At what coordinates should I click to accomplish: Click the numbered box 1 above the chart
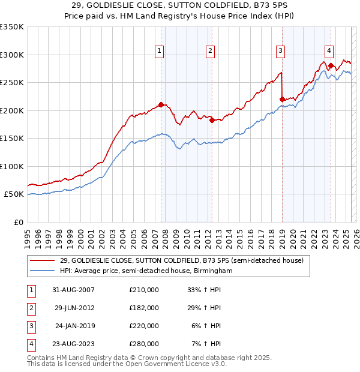pos(160,52)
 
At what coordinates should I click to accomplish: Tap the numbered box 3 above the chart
pos(280,52)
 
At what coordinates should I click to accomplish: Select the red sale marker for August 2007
pos(161,104)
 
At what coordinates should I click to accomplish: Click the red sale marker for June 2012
pos(212,120)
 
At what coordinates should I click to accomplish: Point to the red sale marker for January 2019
pos(282,99)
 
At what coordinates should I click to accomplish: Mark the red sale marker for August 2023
pos(331,65)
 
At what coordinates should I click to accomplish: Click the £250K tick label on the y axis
pos(12,83)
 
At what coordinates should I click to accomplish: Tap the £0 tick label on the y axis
pos(17,222)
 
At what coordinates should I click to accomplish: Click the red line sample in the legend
pos(42,260)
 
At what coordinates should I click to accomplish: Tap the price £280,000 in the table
pos(144,344)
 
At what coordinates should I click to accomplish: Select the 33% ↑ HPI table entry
pos(205,290)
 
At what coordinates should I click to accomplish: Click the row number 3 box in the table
pos(30,326)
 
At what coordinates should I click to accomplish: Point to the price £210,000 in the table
pos(144,290)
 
